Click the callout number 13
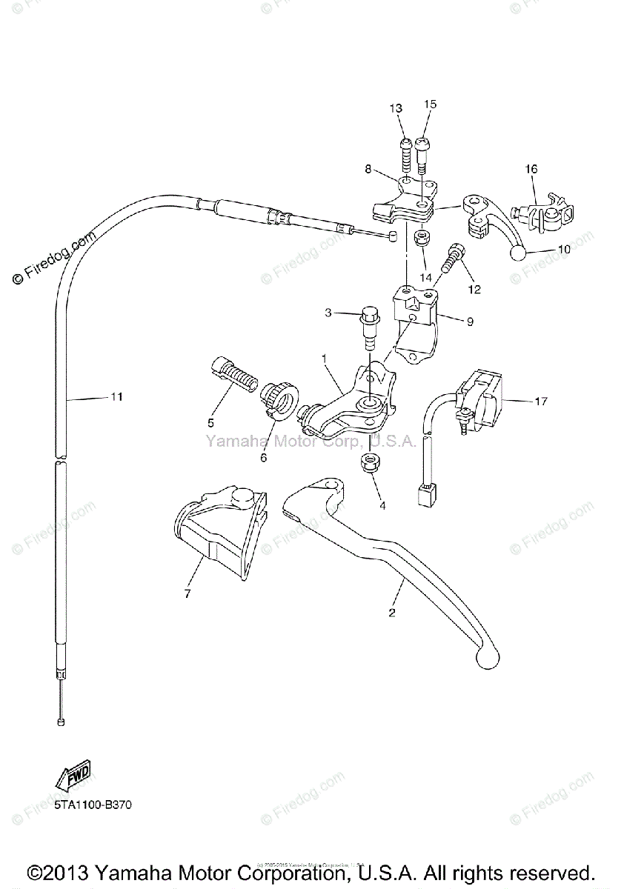[396, 108]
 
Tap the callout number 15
[431, 104]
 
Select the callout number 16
[531, 170]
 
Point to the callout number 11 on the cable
[116, 397]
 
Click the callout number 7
[187, 593]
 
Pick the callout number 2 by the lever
[392, 613]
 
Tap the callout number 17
[540, 402]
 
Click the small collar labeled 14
[422, 239]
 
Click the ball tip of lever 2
[488, 654]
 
